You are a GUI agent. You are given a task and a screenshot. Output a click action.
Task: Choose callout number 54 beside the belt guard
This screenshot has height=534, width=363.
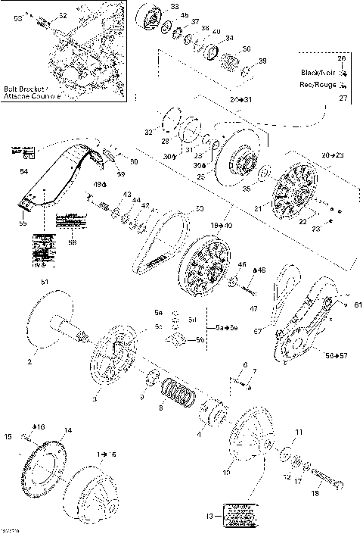pyautogui.click(x=23, y=172)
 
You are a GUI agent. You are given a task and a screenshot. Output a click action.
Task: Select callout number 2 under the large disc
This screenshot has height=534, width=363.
pyautogui.click(x=31, y=363)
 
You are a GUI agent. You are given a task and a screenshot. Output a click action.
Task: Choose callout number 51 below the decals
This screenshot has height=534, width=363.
pyautogui.click(x=44, y=283)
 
